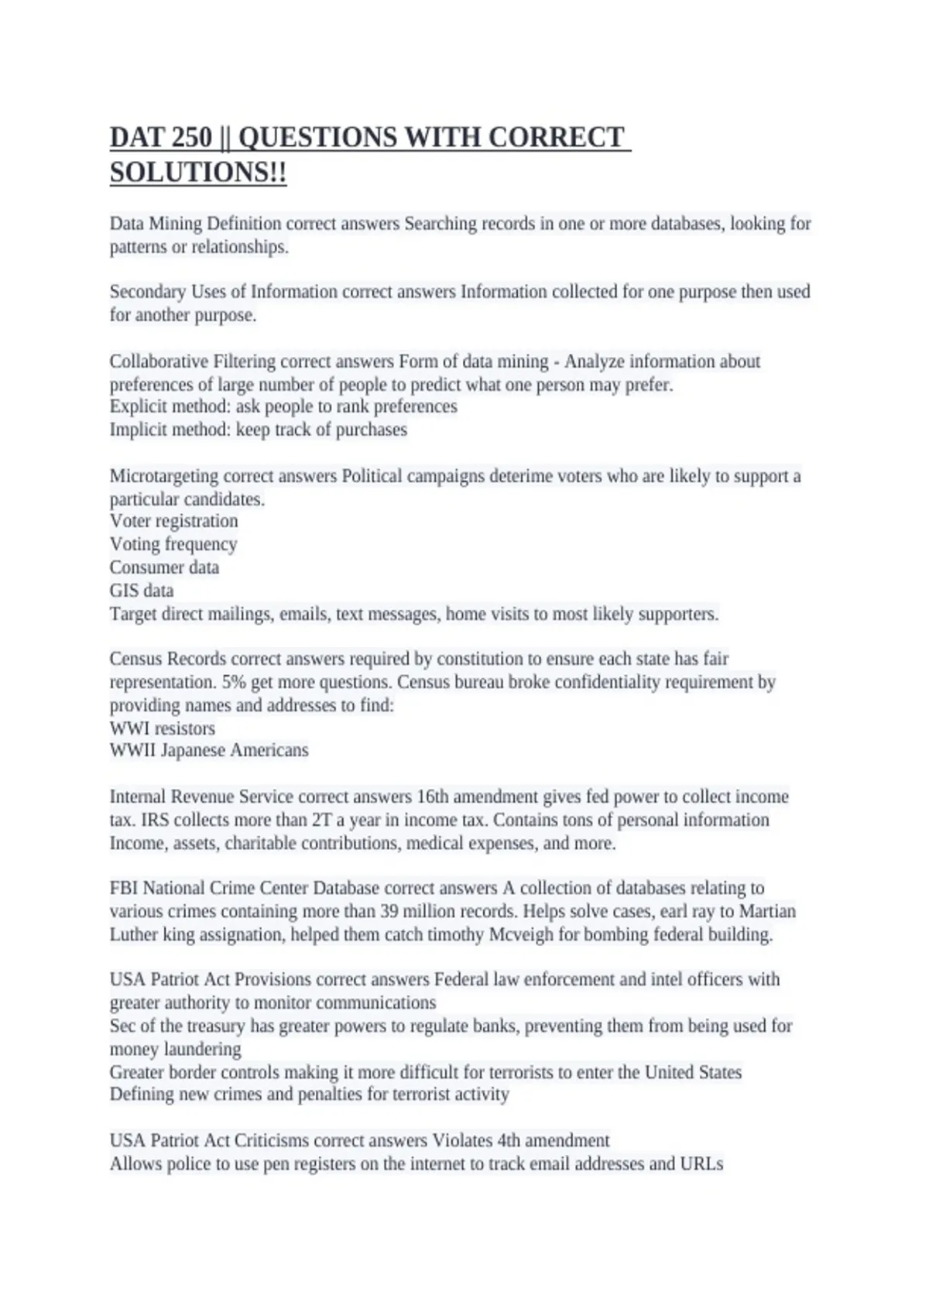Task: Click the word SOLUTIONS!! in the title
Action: coord(198,173)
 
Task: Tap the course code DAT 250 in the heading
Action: coord(160,138)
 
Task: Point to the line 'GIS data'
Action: coord(142,591)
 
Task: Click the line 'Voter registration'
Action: coord(173,521)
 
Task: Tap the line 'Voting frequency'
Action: coord(173,544)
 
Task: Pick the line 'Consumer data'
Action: coord(164,567)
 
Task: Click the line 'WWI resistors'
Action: coord(163,728)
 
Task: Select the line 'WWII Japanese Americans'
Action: coord(209,750)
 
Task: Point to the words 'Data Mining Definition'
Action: coord(195,224)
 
